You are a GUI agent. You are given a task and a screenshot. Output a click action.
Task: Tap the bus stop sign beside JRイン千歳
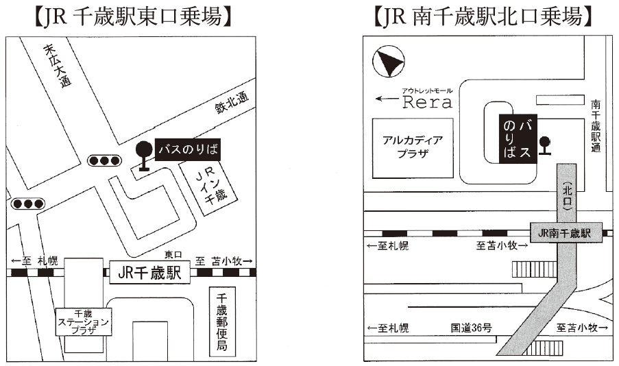(x=144, y=154)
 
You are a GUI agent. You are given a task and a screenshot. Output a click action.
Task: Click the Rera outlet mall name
(x=426, y=103)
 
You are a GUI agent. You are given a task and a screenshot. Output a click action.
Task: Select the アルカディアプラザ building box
(x=412, y=147)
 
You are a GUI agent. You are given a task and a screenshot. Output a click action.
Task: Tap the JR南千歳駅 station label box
(x=565, y=233)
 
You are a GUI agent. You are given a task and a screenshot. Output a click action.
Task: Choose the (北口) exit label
(x=566, y=196)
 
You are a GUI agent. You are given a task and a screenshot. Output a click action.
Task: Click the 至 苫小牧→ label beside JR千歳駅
(x=223, y=260)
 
